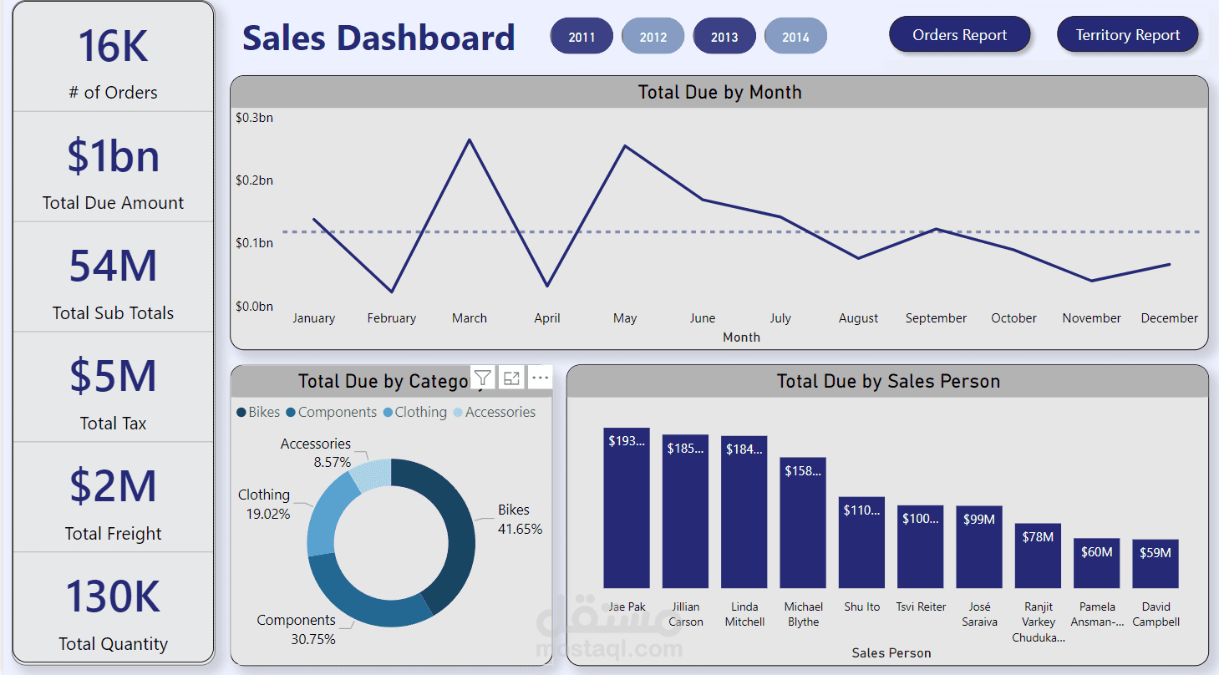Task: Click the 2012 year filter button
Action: (x=653, y=37)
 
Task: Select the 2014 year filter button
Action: (x=795, y=37)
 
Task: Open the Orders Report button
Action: (x=959, y=35)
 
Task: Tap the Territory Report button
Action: (x=1127, y=35)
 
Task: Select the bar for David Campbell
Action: (x=1156, y=564)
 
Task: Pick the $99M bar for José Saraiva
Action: (x=979, y=547)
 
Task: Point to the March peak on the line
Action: (x=470, y=140)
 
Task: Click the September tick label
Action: (x=936, y=318)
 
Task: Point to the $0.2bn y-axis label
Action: (x=254, y=180)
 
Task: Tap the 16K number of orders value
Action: (x=113, y=46)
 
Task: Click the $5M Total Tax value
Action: (x=113, y=376)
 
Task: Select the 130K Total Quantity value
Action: (x=113, y=596)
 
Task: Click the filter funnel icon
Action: (x=482, y=378)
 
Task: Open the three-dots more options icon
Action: (x=540, y=378)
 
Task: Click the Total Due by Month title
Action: (x=719, y=93)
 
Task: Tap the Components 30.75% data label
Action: (x=297, y=629)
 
